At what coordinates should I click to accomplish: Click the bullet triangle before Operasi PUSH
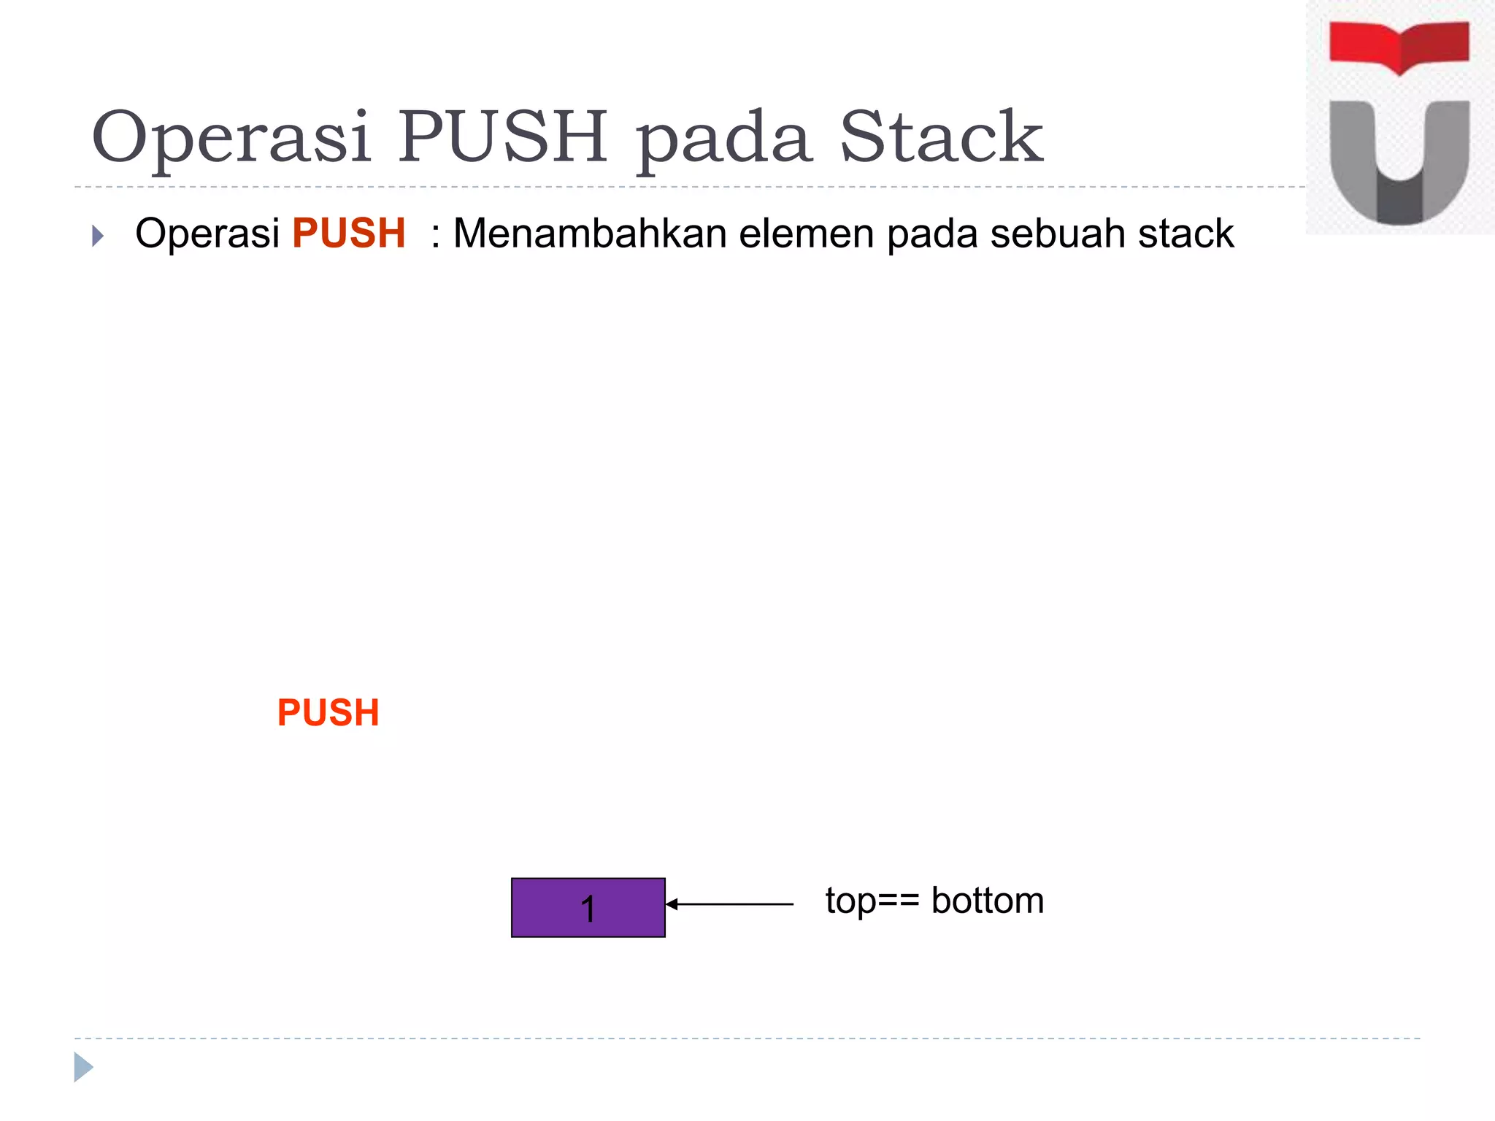98,236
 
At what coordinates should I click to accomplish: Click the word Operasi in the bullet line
207,234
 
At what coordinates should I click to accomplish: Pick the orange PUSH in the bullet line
348,234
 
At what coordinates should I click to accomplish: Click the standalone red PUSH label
328,712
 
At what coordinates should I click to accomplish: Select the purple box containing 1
588,907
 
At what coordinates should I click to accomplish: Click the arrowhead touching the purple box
672,904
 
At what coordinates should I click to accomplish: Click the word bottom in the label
987,901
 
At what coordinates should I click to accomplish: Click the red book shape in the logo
1399,45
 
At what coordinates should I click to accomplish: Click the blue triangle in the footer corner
82,1067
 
